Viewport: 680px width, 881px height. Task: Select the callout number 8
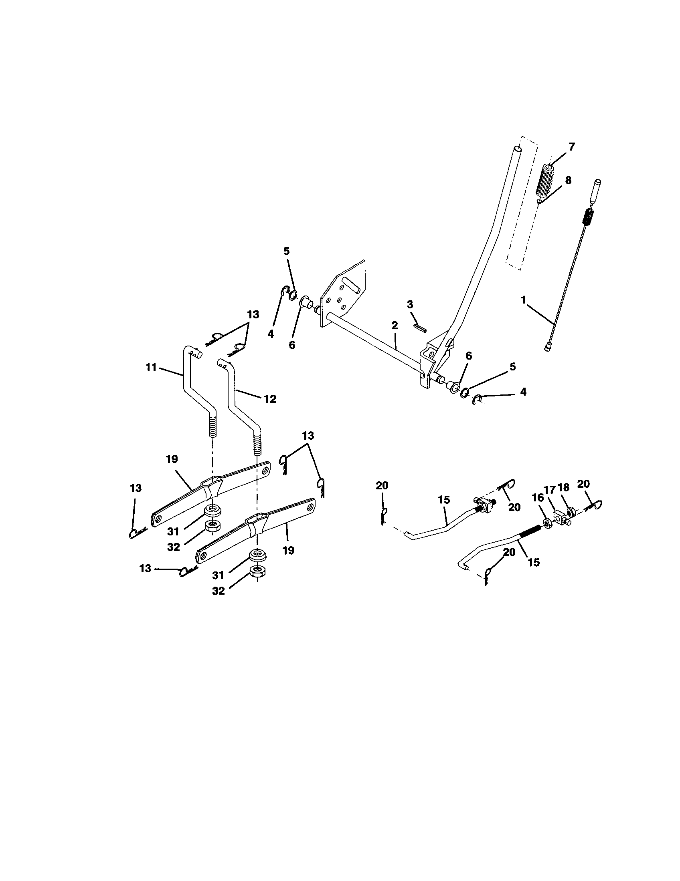pos(568,180)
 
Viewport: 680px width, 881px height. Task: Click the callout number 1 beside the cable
pos(523,300)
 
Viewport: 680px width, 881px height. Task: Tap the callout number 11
pos(151,368)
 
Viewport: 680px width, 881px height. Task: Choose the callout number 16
pos(538,498)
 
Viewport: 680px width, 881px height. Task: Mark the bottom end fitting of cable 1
pos(548,347)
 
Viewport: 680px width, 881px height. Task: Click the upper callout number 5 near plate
pos(286,251)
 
